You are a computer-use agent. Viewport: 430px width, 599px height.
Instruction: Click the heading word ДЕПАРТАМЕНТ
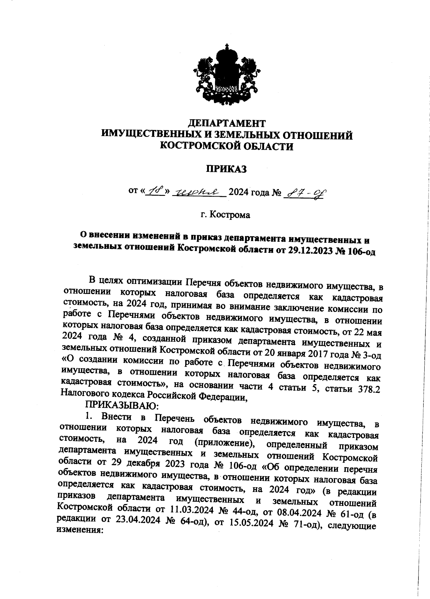[x=227, y=124]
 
